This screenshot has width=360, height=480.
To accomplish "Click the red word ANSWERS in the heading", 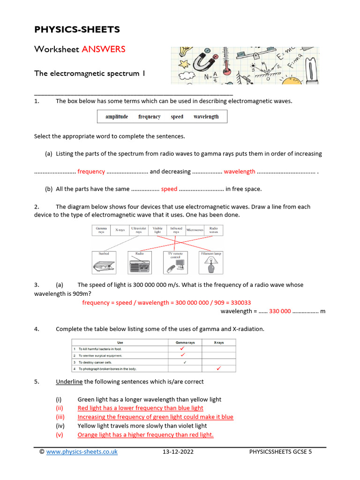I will tap(104, 49).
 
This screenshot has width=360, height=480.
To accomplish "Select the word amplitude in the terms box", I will tap(117, 117).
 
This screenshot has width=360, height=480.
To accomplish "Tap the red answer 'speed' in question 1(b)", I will tap(169, 189).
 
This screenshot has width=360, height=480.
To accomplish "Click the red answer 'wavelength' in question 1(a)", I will tap(240, 172).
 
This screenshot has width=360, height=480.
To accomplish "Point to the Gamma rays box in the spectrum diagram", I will tap(101, 230).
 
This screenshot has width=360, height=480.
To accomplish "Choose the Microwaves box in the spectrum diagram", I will tap(195, 230).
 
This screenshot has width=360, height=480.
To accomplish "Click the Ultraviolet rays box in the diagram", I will tap(138, 230).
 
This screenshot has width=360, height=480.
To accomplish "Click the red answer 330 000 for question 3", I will tap(280, 311).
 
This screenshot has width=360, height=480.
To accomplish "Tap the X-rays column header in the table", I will tap(218, 343).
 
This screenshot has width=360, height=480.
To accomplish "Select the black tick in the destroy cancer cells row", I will tap(185, 362).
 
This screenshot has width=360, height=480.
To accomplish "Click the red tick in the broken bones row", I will tap(218, 369).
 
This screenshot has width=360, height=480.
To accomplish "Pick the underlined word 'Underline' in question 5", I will tap(69, 382).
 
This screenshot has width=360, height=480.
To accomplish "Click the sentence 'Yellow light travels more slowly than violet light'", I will tap(142, 426).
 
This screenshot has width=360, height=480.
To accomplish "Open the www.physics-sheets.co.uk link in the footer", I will tap(82, 452).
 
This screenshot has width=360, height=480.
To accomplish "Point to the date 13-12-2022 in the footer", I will tap(178, 452).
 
